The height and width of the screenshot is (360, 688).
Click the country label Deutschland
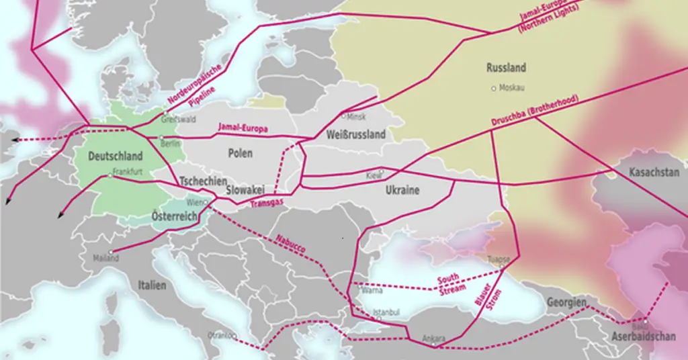point(116,156)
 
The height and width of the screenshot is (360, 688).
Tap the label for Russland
point(506,68)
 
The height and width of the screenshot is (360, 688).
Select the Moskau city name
point(512,88)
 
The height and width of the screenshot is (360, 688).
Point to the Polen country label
point(241,154)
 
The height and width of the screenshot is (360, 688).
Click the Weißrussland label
point(355,134)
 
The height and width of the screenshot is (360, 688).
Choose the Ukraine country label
point(402,190)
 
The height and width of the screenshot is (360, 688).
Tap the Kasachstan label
point(654,173)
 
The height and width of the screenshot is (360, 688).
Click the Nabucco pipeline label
point(290,243)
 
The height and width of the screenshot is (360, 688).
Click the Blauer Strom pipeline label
point(488,300)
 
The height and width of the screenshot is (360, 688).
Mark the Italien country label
point(152,285)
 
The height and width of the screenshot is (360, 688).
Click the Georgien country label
point(566,302)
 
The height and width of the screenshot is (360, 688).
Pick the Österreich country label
point(174,216)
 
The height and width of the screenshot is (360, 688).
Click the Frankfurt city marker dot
point(110,176)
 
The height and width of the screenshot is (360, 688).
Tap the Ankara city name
point(433,338)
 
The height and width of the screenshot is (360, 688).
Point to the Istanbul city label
point(386,312)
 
